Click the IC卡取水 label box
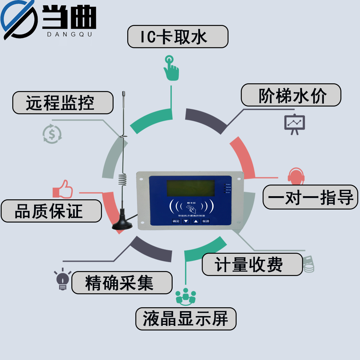[178, 37]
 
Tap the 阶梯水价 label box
[291, 95]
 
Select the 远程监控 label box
[63, 103]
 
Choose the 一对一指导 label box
[310, 197]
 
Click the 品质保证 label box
[51, 211]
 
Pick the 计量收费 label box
[252, 264]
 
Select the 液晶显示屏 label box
[186, 319]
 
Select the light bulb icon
[63, 279]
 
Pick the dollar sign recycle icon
[52, 134]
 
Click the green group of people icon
[185, 296]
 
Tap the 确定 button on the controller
[175, 221]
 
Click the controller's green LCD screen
[191, 188]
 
